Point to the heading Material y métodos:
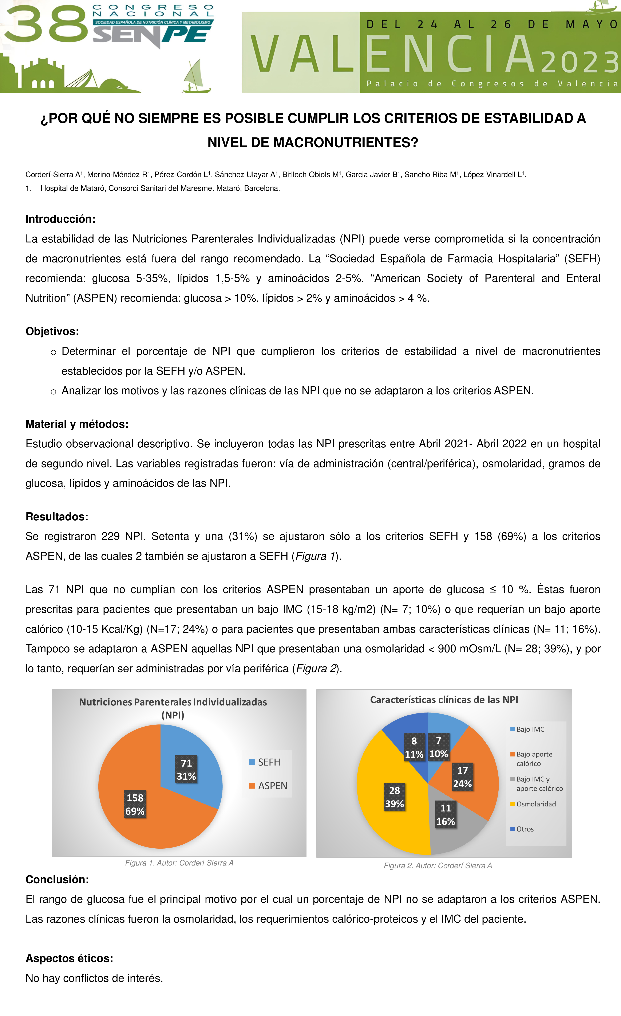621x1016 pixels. tap(77, 424)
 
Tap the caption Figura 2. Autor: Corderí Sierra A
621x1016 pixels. tap(438, 865)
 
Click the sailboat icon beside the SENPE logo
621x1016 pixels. tap(196, 76)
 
